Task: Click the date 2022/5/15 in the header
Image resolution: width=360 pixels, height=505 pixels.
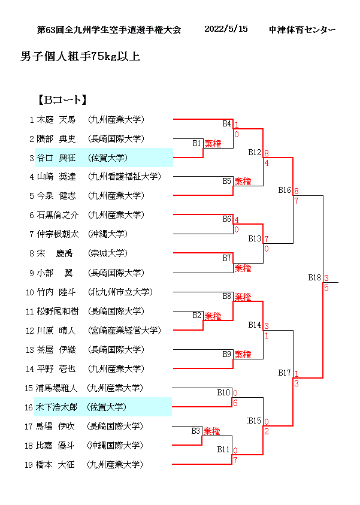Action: [226, 29]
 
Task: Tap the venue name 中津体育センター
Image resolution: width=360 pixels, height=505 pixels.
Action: [302, 29]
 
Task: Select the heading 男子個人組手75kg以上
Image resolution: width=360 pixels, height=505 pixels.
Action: [80, 57]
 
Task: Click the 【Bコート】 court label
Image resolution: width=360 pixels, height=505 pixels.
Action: [62, 99]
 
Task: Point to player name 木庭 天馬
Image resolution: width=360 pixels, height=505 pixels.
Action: [56, 119]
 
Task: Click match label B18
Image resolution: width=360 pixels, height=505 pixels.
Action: [314, 277]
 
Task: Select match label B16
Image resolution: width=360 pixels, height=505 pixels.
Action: [285, 190]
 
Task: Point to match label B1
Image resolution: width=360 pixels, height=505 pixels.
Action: [196, 143]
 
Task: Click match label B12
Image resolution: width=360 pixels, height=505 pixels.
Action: [255, 152]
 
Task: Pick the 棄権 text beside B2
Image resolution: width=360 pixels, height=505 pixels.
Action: [213, 316]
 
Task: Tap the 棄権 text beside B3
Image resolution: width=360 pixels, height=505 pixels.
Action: [211, 431]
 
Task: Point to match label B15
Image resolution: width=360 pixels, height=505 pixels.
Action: [255, 420]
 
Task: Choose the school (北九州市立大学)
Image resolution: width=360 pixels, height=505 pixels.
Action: [120, 292]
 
